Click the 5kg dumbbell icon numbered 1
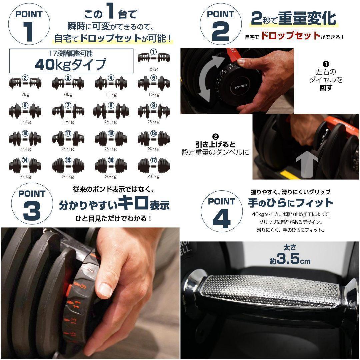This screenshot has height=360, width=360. tap(154, 57)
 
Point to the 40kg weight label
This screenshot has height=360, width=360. tap(154, 177)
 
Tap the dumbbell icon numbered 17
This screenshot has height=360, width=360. tap(154, 165)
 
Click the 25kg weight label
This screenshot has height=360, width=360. tap(25, 149)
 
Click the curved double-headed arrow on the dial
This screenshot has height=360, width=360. tap(209, 78)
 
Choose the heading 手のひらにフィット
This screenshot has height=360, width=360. tap(290, 203)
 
